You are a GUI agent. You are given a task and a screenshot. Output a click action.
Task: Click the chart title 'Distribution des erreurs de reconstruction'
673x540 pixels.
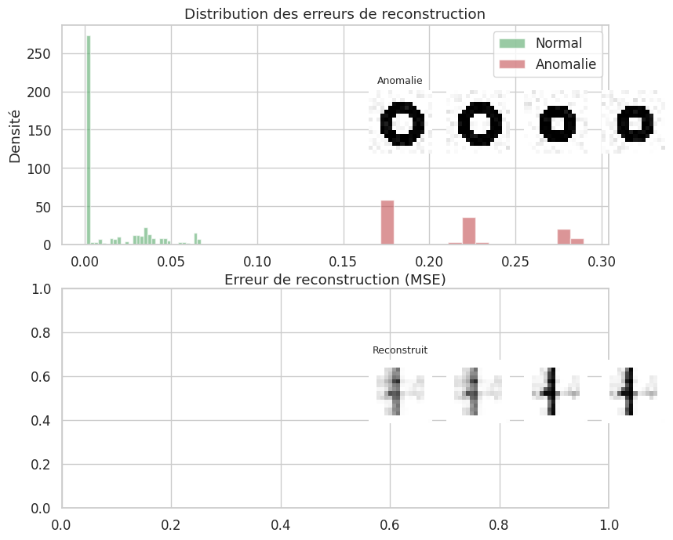pyautogui.click(x=334, y=14)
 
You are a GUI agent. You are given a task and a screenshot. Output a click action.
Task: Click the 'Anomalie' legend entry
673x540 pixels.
pyautogui.click(x=566, y=64)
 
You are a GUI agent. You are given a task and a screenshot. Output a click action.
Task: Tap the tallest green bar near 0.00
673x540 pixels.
pyautogui.click(x=89, y=141)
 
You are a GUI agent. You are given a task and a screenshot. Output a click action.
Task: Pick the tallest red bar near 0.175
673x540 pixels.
pyautogui.click(x=387, y=223)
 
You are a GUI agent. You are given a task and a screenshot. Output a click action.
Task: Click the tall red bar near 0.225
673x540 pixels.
pyautogui.click(x=469, y=231)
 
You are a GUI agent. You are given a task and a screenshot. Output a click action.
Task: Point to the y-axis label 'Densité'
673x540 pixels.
pyautogui.click(x=15, y=135)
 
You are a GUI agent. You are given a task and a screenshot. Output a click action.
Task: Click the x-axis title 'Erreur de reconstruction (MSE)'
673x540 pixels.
pyautogui.click(x=335, y=280)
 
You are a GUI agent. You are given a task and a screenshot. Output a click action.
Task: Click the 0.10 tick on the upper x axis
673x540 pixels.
pyautogui.click(x=257, y=260)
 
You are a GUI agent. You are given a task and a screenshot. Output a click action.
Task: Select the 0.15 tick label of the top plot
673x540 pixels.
pyautogui.click(x=344, y=260)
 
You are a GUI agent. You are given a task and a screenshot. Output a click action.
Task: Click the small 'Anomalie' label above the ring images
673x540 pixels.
pyautogui.click(x=399, y=81)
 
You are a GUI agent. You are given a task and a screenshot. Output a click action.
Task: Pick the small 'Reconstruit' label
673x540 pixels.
pyautogui.click(x=399, y=350)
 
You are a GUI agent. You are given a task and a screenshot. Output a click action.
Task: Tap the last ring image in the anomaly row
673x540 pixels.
pyautogui.click(x=634, y=123)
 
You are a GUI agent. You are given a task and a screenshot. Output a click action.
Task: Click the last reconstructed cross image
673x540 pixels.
pyautogui.click(x=632, y=391)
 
